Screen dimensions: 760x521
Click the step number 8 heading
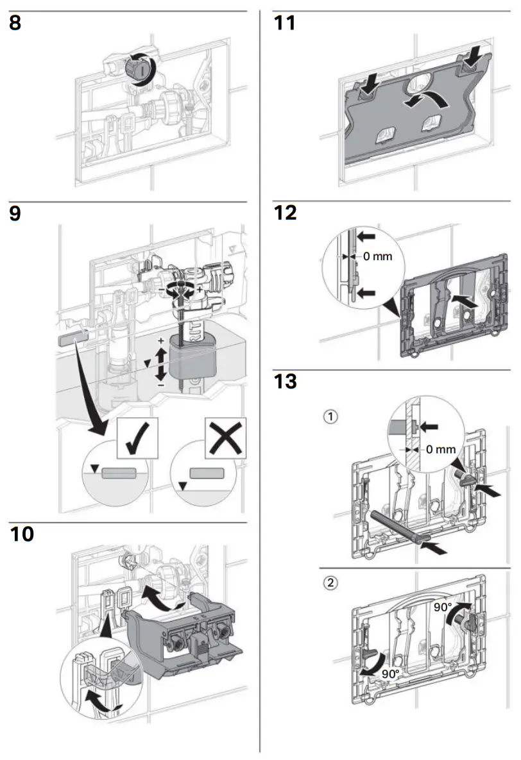pos(16,24)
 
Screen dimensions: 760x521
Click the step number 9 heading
pos(16,213)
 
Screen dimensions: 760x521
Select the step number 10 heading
pos(24,534)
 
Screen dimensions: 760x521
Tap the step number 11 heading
pos(284,24)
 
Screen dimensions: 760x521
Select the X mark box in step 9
pos(225,439)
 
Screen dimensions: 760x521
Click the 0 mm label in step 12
pos(377,256)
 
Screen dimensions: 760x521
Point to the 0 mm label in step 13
pos(441,449)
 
